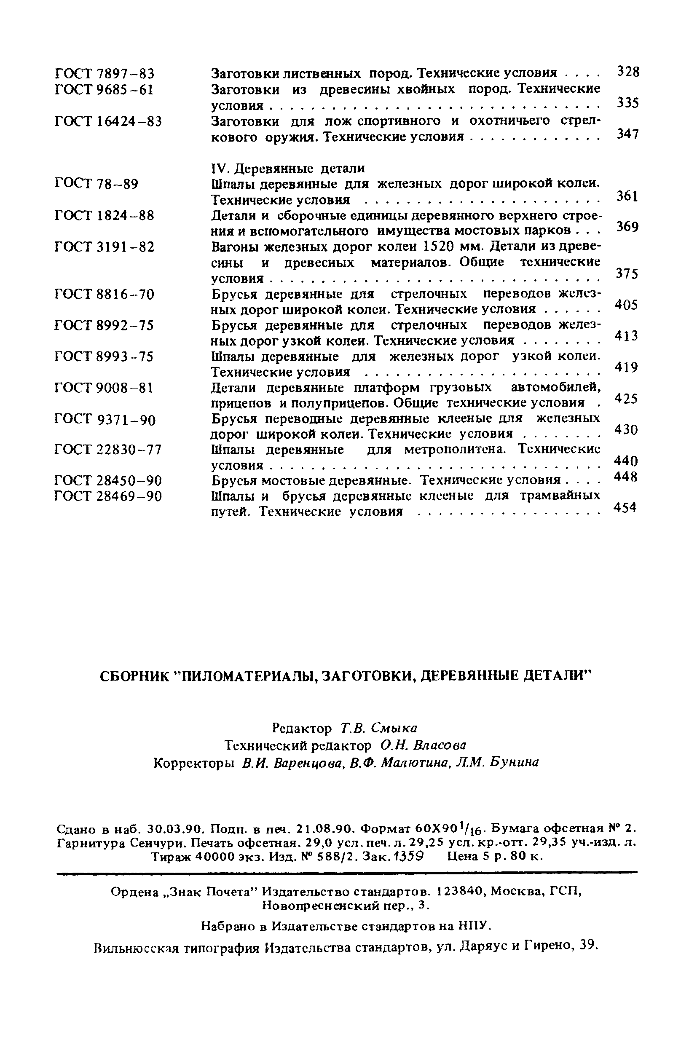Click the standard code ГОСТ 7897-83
click(x=104, y=73)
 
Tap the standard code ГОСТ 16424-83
click(x=108, y=121)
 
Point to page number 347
click(x=627, y=134)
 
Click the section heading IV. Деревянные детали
click(x=287, y=168)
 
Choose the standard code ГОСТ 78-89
click(x=96, y=184)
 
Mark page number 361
click(x=627, y=196)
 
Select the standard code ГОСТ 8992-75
click(x=104, y=326)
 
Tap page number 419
click(x=626, y=367)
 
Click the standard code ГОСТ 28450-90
click(x=108, y=480)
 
